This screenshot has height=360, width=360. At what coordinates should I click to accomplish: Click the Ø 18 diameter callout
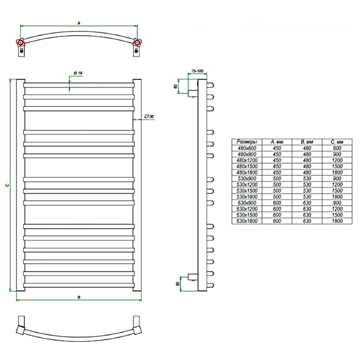pos(78,73)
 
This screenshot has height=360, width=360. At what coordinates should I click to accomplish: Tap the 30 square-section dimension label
pos(149,116)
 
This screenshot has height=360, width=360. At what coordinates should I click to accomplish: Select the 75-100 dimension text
pos(197,71)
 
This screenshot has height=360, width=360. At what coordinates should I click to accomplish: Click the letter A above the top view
pos(79,23)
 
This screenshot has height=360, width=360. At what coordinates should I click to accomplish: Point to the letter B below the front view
pos(79,297)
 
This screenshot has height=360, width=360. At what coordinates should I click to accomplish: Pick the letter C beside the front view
pos(7,185)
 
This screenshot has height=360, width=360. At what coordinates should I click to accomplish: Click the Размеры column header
pos(247,142)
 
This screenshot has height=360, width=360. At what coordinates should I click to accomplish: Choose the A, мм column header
pos(277,142)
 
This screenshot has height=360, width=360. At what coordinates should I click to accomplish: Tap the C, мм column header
pos(337,142)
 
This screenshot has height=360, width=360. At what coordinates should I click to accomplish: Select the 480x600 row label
pos(247,148)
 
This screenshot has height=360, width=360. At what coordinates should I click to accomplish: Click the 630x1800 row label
pos(247,221)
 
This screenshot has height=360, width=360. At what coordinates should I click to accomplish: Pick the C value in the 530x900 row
pos(337,178)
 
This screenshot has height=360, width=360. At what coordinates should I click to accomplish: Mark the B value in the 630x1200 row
pos(307,209)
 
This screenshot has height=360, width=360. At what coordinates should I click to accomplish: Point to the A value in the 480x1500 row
pos(277,166)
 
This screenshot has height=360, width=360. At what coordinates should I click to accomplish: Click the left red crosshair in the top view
pos(21,42)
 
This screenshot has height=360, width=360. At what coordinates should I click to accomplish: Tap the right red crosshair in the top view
pos(137,42)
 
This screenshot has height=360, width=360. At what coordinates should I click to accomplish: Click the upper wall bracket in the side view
pos(193,93)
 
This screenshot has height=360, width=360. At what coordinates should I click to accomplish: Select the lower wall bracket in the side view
pos(193,277)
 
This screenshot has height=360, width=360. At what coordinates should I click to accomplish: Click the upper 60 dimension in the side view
pos(176,86)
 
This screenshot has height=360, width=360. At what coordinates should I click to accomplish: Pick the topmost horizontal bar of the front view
pos(79,85)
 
